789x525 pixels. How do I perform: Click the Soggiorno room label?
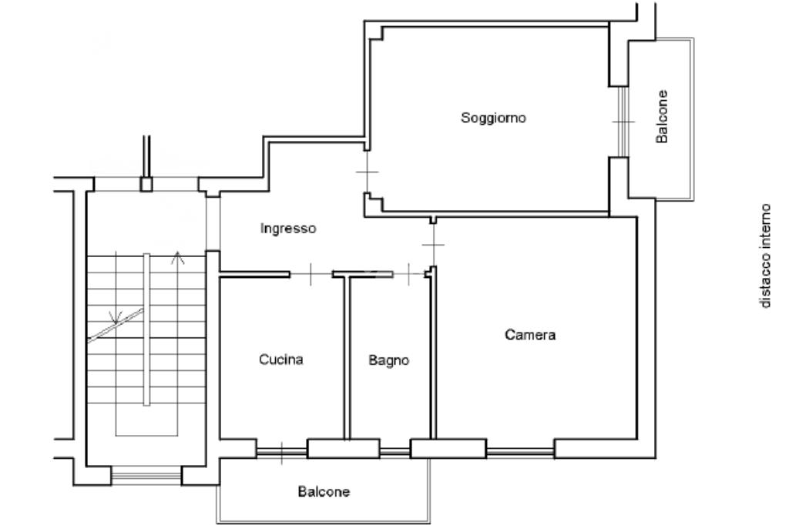pyautogui.click(x=493, y=119)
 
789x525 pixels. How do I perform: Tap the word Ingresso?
pyautogui.click(x=288, y=229)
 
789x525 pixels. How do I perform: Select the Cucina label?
pyautogui.click(x=280, y=359)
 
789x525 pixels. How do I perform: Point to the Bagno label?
pyautogui.click(x=388, y=360)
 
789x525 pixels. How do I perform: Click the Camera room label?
pyautogui.click(x=530, y=335)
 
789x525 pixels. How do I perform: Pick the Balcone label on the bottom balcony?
pyautogui.click(x=324, y=491)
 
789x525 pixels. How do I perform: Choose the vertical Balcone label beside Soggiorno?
pyautogui.click(x=662, y=117)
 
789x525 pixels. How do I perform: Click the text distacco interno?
pyautogui.click(x=765, y=256)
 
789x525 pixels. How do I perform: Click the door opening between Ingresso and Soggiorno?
pyautogui.click(x=368, y=172)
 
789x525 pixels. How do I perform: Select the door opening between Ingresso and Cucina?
pyautogui.click(x=311, y=274)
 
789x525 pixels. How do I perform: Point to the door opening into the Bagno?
pyautogui.click(x=408, y=274)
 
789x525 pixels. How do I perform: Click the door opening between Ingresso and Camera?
pyautogui.click(x=433, y=245)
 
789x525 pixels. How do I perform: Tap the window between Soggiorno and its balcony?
pyautogui.click(x=623, y=122)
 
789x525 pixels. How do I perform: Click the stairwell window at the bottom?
pyautogui.click(x=146, y=475)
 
